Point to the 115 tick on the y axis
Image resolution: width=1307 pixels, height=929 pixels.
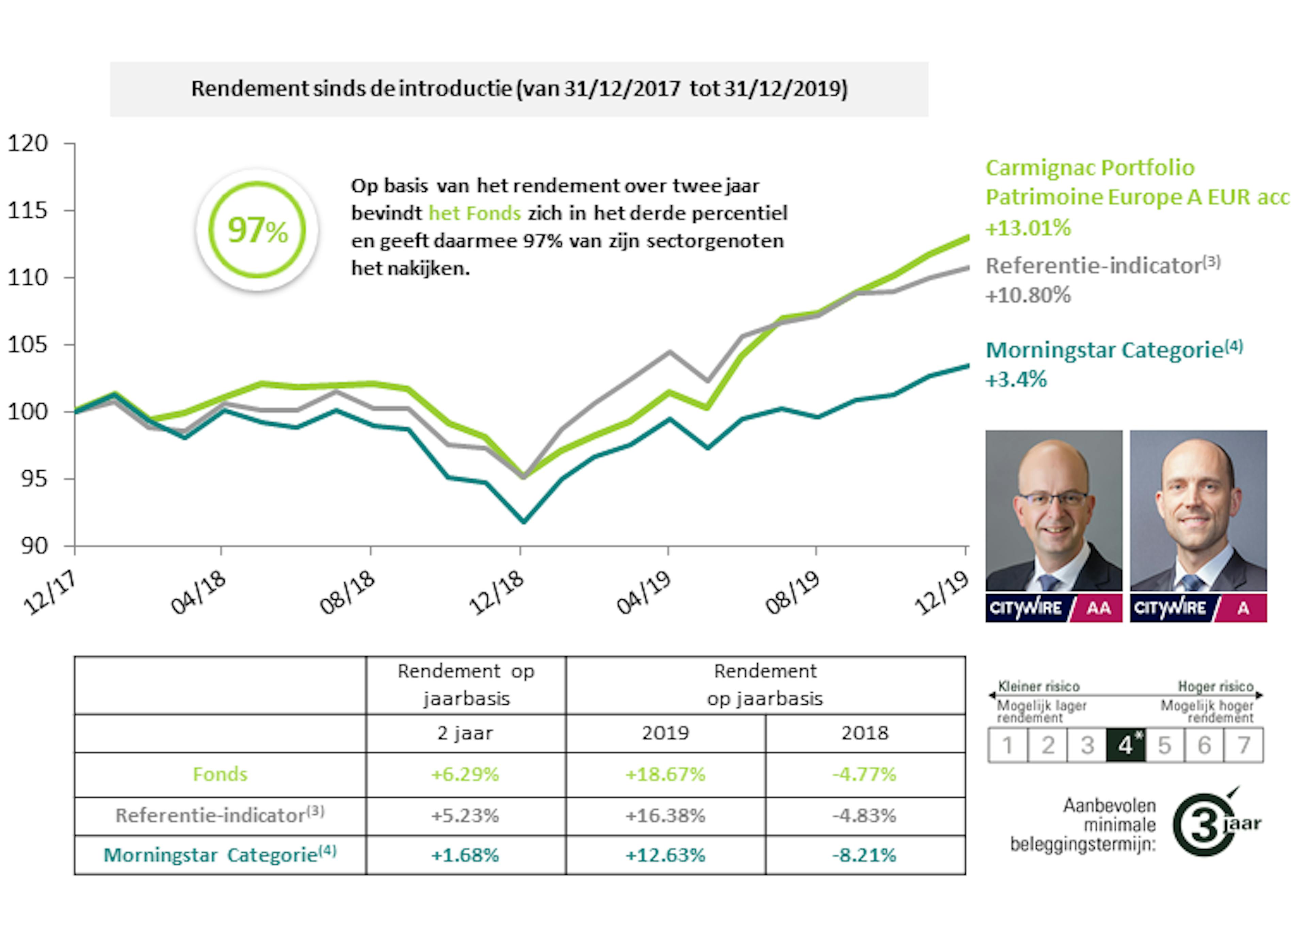tap(28, 210)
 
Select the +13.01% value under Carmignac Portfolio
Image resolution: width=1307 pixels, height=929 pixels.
tap(1028, 228)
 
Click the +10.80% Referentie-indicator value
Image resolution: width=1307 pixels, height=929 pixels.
tap(1028, 296)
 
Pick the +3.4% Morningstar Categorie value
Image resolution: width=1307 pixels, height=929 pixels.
tap(1016, 380)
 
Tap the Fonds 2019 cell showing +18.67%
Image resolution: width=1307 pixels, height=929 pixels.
tap(665, 774)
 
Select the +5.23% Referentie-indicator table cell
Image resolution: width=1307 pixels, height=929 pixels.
tap(465, 815)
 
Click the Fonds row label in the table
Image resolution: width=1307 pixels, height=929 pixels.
tap(220, 774)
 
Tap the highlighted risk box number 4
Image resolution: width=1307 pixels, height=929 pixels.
tap(1125, 745)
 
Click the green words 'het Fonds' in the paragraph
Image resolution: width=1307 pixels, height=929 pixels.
tap(474, 214)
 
